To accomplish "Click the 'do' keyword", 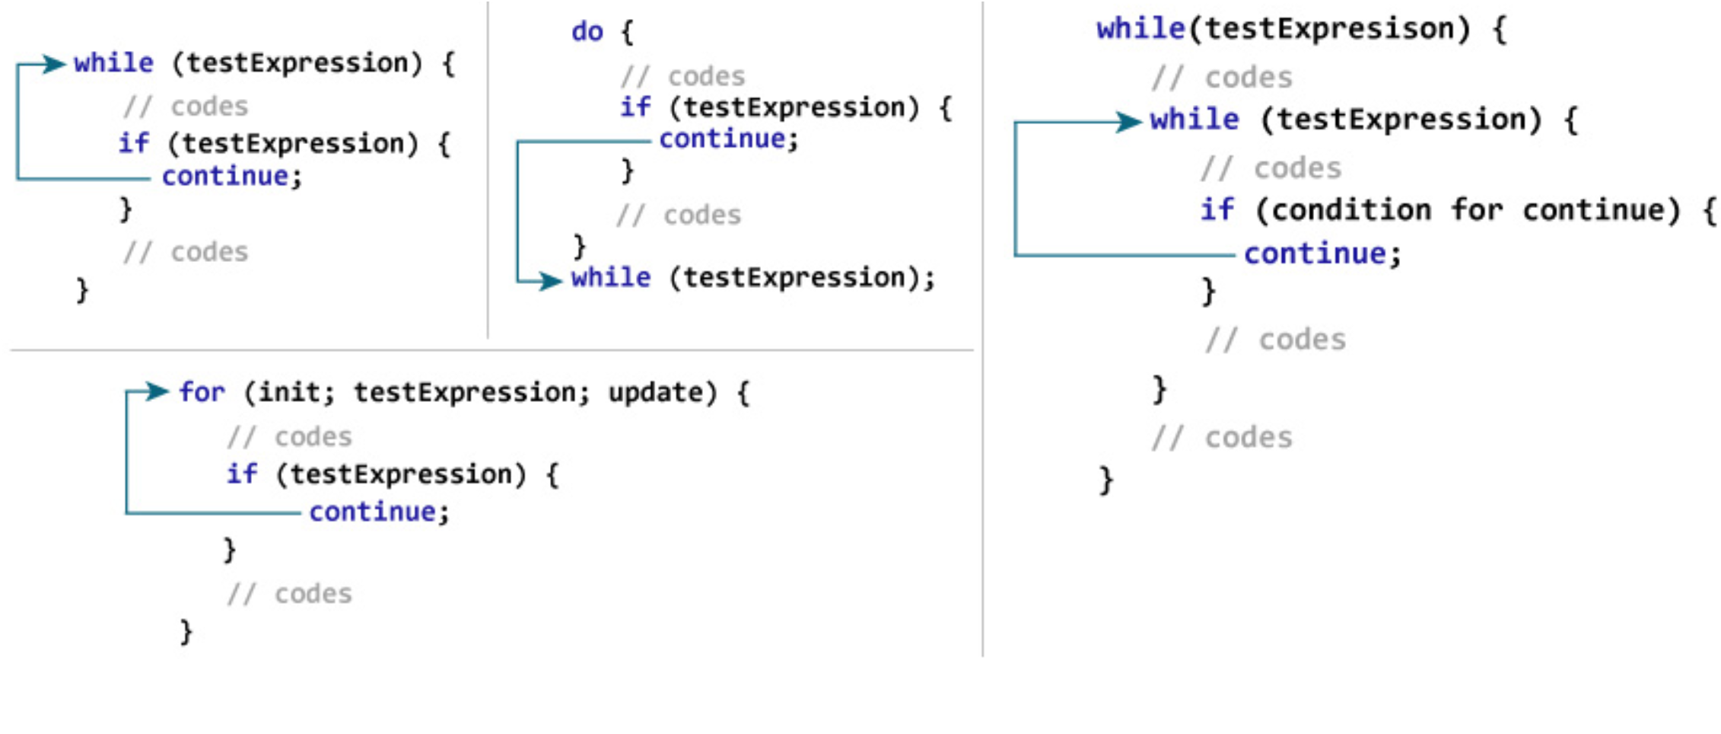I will pyautogui.click(x=587, y=32).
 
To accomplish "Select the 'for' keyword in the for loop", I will pyautogui.click(x=202, y=393).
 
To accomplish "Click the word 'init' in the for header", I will pyautogui.click(x=289, y=393).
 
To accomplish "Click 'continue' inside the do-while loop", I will pyautogui.click(x=722, y=139).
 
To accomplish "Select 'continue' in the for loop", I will pyautogui.click(x=372, y=512).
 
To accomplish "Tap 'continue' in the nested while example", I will pyautogui.click(x=1315, y=254).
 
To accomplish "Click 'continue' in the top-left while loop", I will pyautogui.click(x=225, y=177).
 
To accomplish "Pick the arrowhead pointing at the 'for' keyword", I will pyautogui.click(x=157, y=391).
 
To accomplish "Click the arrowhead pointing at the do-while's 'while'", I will pyautogui.click(x=551, y=280).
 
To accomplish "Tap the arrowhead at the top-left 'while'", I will pyautogui.click(x=55, y=64).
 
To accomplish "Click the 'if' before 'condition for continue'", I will pyautogui.click(x=1217, y=209).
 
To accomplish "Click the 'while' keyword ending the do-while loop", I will pyautogui.click(x=611, y=278).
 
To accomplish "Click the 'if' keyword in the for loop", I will pyautogui.click(x=242, y=474).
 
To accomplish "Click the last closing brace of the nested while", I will pyautogui.click(x=1106, y=480).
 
